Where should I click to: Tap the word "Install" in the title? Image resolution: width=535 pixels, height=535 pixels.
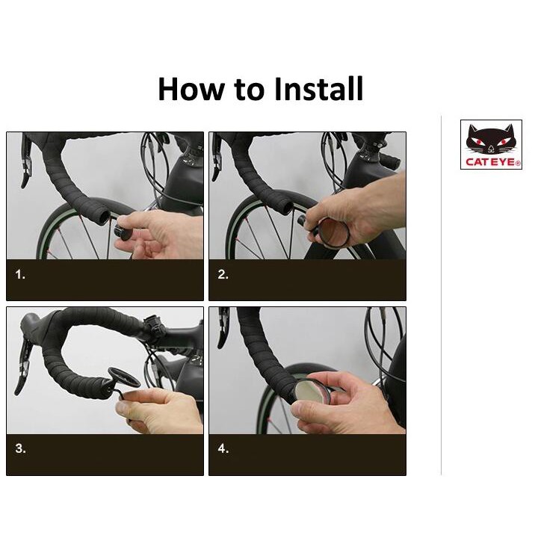(x=318, y=89)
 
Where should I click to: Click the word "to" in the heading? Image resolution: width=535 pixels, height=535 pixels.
(x=249, y=90)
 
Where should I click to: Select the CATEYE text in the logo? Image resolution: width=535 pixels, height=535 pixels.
(x=492, y=161)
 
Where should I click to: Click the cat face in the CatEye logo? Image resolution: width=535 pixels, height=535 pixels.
(x=491, y=139)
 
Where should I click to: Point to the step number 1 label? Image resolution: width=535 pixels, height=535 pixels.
(x=20, y=274)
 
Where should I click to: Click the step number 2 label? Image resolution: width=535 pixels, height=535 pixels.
(x=223, y=274)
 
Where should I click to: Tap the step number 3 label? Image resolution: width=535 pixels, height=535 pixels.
(x=20, y=448)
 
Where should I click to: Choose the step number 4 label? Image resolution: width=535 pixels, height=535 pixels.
(x=223, y=448)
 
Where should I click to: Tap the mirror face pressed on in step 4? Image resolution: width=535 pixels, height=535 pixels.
(x=312, y=392)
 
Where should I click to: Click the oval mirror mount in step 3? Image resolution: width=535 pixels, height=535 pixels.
(x=123, y=377)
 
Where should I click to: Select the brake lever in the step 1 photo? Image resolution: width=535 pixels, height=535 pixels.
(x=26, y=161)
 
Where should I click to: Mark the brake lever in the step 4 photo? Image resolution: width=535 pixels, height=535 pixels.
(x=223, y=327)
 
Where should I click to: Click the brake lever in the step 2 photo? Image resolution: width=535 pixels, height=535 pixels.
(x=217, y=158)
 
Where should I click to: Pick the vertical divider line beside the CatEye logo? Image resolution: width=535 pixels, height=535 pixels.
(x=441, y=295)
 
